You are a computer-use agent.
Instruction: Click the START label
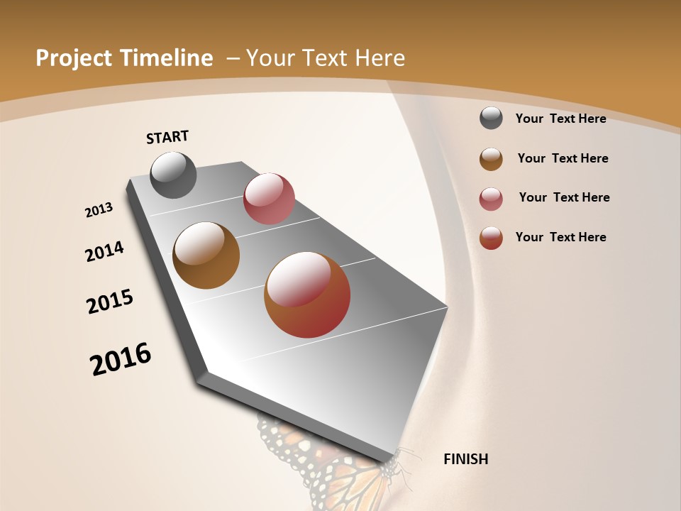pos(167,137)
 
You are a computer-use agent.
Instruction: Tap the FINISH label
pos(465,459)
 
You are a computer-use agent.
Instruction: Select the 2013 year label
pos(99,210)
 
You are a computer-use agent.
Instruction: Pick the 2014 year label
pos(104,251)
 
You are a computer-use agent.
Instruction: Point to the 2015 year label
pos(110,302)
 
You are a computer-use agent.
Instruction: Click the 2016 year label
pos(121,359)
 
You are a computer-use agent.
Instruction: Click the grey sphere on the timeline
pos(173,175)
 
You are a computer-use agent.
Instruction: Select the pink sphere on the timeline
pos(269,198)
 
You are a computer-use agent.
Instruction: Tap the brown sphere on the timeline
pos(206,255)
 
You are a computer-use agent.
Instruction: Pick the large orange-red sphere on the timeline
pos(307,295)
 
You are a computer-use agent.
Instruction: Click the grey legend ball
pos(491,118)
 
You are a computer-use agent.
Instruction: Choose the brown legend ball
pos(491,159)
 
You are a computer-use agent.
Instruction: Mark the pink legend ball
pos(491,199)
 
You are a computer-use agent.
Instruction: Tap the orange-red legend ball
pos(491,238)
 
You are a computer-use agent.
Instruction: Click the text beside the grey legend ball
pos(560,119)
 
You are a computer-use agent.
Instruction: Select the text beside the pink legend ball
pos(564,197)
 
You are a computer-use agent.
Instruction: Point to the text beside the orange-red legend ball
pos(560,237)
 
